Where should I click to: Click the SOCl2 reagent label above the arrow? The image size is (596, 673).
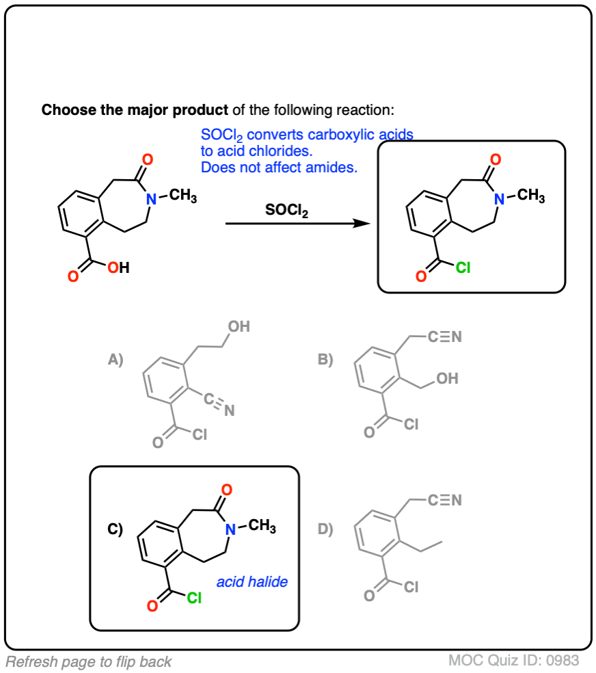286,211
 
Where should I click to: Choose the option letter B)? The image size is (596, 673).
325,360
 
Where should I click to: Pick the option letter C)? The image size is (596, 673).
115,529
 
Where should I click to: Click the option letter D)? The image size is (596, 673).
325,529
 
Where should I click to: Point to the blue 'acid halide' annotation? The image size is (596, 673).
252,583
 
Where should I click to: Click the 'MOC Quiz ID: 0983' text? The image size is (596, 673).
514,661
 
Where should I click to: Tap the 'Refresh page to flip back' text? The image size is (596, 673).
89,661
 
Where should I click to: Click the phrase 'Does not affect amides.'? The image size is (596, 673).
279,167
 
